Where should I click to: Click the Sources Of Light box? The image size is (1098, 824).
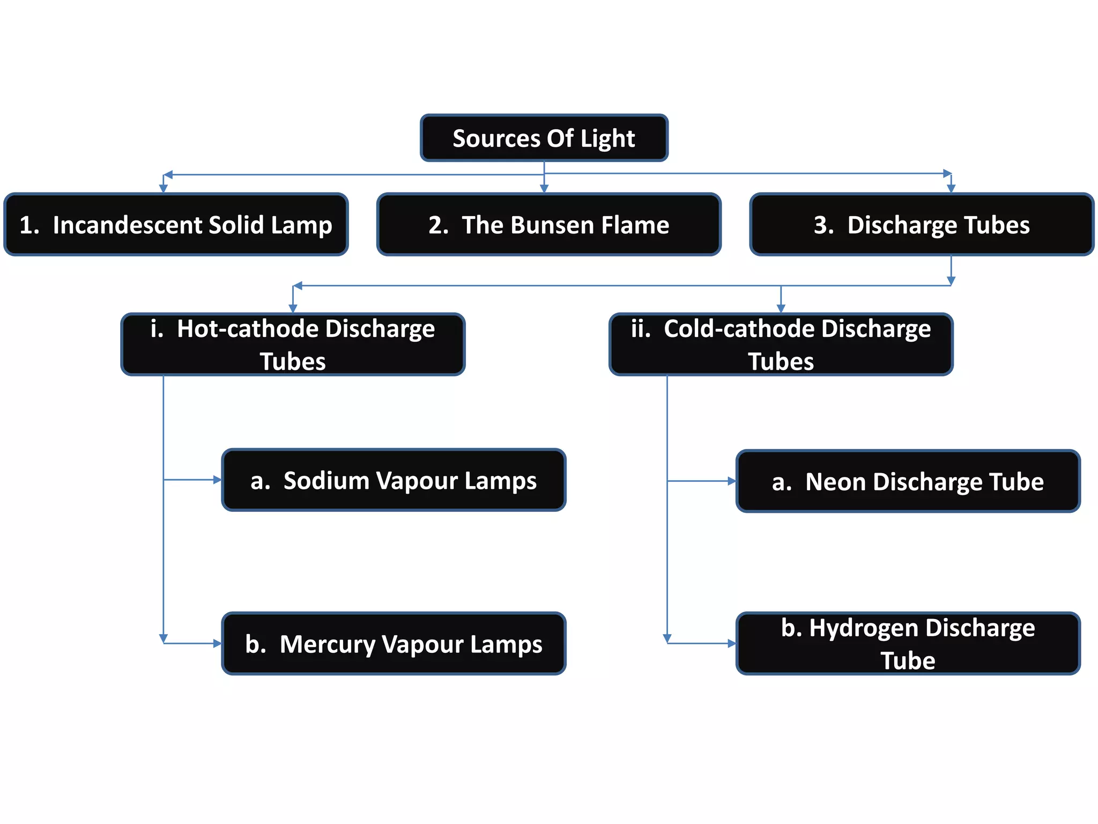click(x=544, y=138)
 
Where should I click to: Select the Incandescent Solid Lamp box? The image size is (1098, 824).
click(x=176, y=224)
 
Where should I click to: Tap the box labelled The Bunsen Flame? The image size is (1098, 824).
click(x=548, y=224)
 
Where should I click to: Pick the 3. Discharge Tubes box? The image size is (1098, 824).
click(x=921, y=224)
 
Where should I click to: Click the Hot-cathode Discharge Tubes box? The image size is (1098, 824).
click(x=293, y=344)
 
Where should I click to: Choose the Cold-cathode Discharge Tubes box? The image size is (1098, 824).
click(x=781, y=344)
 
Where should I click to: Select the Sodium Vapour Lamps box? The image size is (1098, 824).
click(x=394, y=480)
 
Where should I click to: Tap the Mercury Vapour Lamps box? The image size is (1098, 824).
click(x=394, y=643)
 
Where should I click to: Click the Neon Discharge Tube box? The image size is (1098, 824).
click(x=908, y=481)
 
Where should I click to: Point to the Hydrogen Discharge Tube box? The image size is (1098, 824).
click(x=908, y=643)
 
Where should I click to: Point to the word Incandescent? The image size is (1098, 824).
click(x=128, y=225)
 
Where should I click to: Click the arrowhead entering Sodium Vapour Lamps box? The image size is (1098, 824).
click(x=218, y=480)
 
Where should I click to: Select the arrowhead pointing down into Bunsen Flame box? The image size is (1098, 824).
click(x=544, y=189)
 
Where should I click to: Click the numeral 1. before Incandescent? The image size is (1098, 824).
click(x=29, y=225)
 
